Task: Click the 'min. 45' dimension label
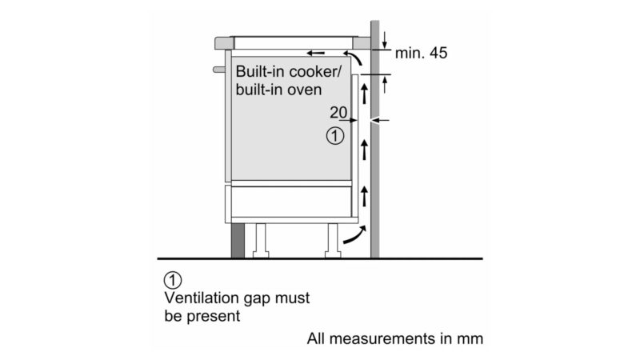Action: coord(422,54)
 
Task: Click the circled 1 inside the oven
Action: coord(336,136)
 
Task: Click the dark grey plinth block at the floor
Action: coord(238,240)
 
